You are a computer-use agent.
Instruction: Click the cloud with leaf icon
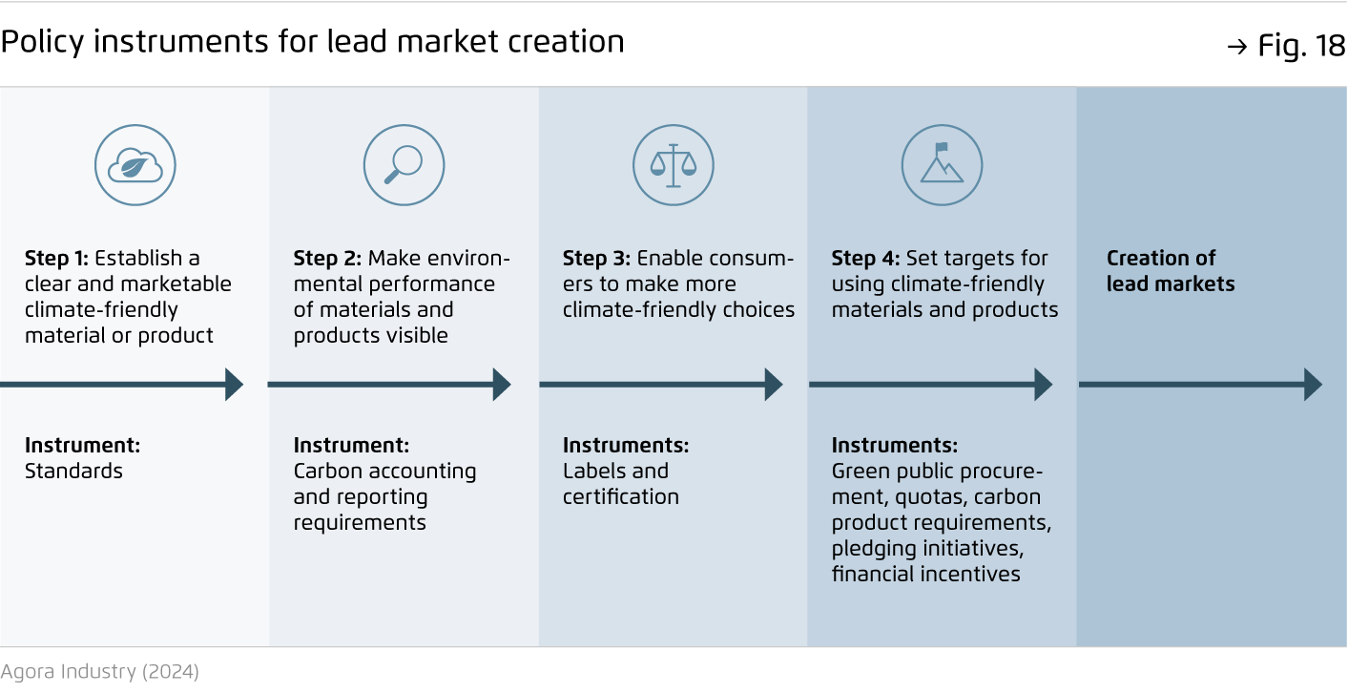tap(135, 165)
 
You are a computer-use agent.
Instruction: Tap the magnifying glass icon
tap(404, 165)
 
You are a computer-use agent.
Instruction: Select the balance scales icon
tap(674, 165)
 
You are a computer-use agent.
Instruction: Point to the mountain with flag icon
tap(942, 165)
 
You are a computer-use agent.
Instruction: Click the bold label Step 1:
tap(56, 259)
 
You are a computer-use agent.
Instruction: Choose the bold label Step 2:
tap(327, 259)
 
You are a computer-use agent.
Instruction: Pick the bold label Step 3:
tap(596, 259)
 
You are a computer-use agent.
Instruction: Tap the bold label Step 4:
tap(865, 259)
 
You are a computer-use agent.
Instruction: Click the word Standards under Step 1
tap(73, 471)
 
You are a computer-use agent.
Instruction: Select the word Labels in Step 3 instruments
tap(590, 471)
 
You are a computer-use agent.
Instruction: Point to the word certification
tap(620, 496)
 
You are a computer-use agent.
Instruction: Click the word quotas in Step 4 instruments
tap(931, 497)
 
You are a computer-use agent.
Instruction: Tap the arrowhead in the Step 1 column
tap(234, 384)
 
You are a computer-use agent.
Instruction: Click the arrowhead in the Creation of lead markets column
tap(1313, 384)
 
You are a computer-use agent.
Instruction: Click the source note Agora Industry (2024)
tap(99, 671)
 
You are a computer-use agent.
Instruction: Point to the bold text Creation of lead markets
tap(1171, 271)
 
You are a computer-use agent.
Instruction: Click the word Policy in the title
tap(42, 42)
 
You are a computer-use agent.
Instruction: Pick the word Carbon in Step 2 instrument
tap(327, 471)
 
